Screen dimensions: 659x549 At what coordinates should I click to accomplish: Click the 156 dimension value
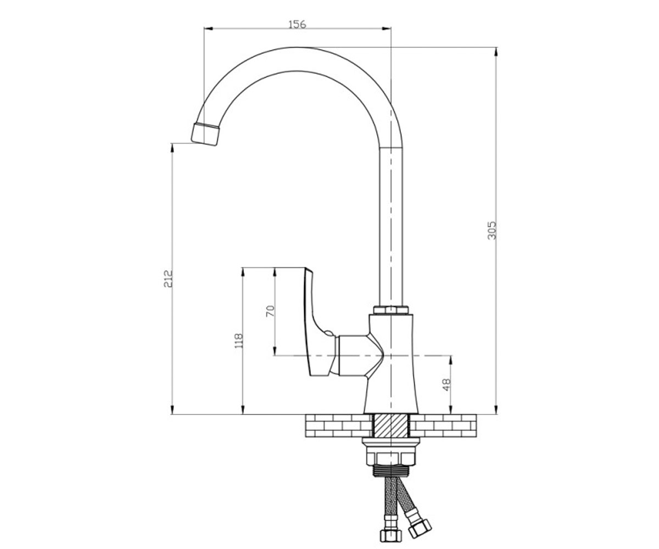[x=297, y=24]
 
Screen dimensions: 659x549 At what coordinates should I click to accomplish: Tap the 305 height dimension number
[x=492, y=231]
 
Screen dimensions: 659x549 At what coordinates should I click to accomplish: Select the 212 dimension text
[x=168, y=278]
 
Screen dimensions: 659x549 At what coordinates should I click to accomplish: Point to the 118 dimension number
[x=238, y=341]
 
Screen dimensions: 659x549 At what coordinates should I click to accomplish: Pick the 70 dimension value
[x=271, y=311]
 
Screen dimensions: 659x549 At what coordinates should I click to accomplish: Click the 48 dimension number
[x=446, y=385]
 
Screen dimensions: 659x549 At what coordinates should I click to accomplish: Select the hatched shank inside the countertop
[x=391, y=426]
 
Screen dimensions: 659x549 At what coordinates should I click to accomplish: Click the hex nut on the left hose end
[x=390, y=534]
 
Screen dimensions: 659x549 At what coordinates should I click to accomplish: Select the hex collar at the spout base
[x=391, y=310]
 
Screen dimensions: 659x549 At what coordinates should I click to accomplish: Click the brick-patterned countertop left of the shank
[x=339, y=426]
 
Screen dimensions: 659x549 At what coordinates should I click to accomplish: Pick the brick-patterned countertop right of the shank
[x=443, y=426]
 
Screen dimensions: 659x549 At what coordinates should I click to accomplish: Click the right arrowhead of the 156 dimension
[x=387, y=29]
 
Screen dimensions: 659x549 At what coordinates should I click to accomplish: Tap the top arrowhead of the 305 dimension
[x=496, y=52]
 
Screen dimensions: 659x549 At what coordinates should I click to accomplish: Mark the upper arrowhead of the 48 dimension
[x=451, y=360]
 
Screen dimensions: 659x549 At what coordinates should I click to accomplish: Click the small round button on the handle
[x=328, y=333]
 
